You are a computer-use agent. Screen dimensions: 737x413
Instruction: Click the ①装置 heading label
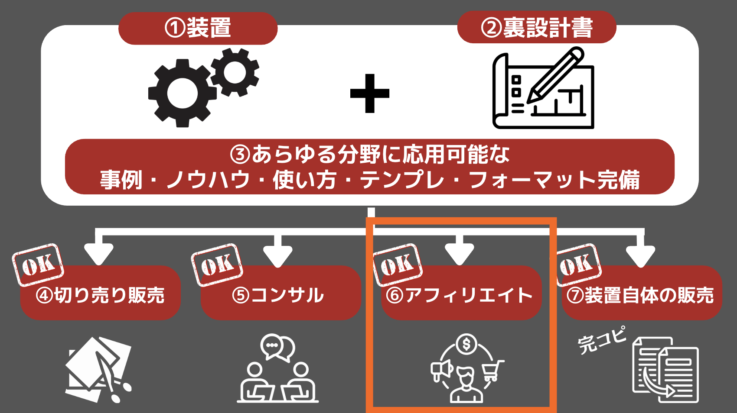click(x=198, y=28)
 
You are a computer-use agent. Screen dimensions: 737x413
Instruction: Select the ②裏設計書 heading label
click(x=537, y=28)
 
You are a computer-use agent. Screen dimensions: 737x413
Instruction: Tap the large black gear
click(x=182, y=93)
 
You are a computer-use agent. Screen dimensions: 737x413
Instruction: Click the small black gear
click(x=235, y=72)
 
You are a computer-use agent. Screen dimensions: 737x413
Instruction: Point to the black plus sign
click(x=370, y=94)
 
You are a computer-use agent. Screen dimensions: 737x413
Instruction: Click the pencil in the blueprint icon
click(x=555, y=75)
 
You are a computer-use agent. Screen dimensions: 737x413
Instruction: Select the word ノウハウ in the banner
click(x=208, y=180)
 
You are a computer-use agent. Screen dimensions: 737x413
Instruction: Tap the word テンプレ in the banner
click(x=402, y=180)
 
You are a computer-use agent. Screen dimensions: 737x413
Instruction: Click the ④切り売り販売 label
click(x=100, y=295)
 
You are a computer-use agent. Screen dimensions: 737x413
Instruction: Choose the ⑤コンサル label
click(x=278, y=295)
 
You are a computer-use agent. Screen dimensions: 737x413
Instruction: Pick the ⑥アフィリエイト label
click(x=459, y=295)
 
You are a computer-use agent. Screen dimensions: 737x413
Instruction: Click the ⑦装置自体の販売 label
click(x=640, y=295)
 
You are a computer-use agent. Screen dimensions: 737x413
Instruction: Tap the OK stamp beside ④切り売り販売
click(x=38, y=265)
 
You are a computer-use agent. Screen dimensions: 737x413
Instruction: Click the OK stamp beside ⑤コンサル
click(x=217, y=265)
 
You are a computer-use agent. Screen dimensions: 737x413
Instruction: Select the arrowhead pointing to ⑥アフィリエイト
click(x=459, y=255)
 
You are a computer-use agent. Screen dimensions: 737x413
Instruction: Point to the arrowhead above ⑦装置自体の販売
click(x=640, y=255)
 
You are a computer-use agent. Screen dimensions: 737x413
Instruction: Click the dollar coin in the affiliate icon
click(x=466, y=344)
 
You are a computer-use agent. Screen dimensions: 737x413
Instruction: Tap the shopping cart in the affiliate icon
click(x=493, y=370)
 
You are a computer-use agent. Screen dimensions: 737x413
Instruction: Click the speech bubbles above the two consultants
click(x=277, y=348)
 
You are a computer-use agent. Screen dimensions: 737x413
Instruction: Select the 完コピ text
click(x=602, y=340)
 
